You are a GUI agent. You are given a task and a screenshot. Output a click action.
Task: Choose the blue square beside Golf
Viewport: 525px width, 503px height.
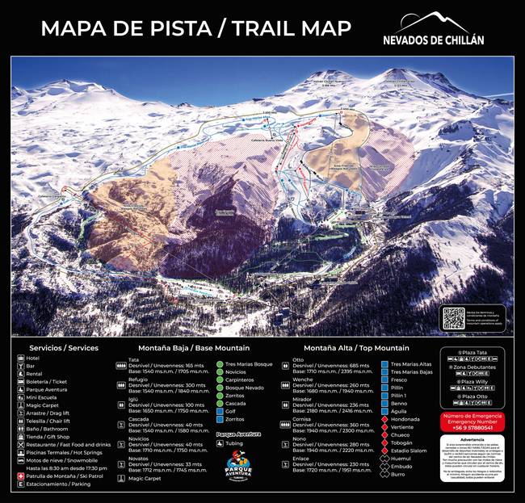[x=219, y=410]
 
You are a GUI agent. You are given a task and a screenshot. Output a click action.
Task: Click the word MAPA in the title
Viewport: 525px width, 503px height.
[x=72, y=29]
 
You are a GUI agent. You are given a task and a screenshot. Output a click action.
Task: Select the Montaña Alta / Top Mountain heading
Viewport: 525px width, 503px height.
[x=355, y=348]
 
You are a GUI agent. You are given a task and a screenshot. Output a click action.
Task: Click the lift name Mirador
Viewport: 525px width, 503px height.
[x=303, y=399]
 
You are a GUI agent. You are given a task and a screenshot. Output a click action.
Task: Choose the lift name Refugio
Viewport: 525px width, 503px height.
[x=138, y=379]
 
